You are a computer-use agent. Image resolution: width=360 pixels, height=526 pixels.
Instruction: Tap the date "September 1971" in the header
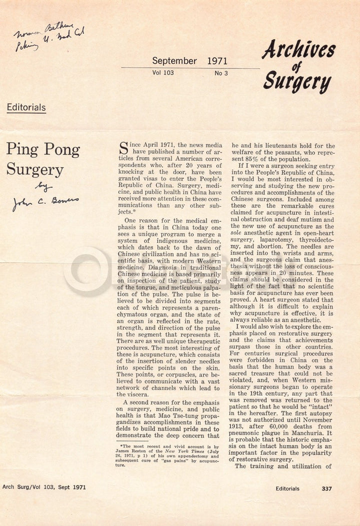coord(189,61)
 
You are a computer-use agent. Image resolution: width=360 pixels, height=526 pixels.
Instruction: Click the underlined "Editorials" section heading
coord(26,107)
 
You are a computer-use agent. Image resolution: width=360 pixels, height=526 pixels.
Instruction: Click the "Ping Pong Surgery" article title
coord(43,159)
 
